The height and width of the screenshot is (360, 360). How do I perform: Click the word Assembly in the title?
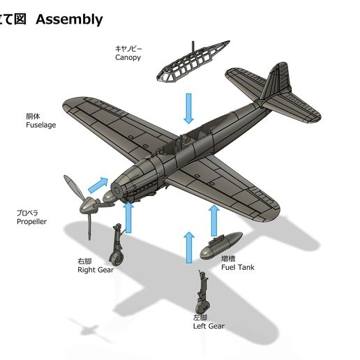pos(69,20)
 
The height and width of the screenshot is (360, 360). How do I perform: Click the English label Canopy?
pos(128,57)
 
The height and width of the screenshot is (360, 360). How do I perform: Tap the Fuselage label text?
pos(41,125)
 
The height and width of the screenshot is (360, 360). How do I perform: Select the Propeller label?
pos(31,221)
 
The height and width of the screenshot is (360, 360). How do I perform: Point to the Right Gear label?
pos(96,270)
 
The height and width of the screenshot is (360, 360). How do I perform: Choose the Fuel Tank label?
pos(238,267)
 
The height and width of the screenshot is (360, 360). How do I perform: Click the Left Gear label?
pos(209,326)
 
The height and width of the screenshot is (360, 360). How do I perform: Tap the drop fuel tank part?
pos(221,246)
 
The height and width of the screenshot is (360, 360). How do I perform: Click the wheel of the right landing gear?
pos(117,258)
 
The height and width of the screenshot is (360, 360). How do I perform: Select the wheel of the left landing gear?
pos(202,307)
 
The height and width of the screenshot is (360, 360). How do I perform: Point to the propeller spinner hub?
pos(89,205)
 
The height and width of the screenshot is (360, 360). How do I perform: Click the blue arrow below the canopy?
pos(188,108)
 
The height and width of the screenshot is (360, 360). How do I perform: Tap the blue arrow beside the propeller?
pos(98,185)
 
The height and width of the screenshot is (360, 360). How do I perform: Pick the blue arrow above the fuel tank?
pos(214,220)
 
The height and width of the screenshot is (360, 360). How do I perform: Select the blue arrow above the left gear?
pos(189,247)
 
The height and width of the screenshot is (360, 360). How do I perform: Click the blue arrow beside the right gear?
pos(128,217)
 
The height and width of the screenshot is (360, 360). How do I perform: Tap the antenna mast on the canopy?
pos(193,48)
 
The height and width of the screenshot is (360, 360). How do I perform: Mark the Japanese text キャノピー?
pos(128,49)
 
